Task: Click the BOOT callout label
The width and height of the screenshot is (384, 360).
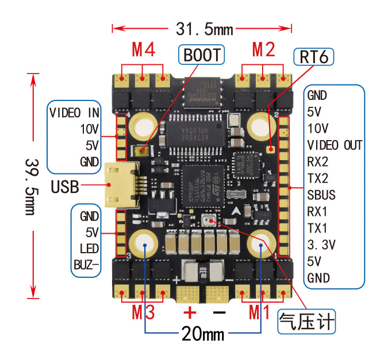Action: coord(201,55)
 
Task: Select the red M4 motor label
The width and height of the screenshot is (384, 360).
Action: coord(143,50)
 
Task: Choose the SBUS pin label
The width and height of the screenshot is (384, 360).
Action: coord(321,195)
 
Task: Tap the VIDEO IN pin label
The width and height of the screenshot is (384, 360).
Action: coord(74,111)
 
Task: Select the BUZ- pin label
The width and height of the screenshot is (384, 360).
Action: coord(86,265)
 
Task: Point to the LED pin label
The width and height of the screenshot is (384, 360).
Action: coord(89,249)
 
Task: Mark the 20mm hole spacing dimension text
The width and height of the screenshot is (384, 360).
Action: coord(203,333)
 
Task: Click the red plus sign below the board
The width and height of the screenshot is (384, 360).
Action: coord(190,312)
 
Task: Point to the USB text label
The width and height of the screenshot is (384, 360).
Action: coord(65,186)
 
